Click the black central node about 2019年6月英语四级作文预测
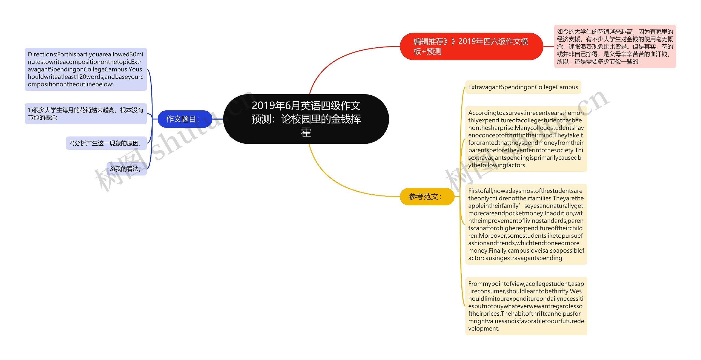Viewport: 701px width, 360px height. [306, 119]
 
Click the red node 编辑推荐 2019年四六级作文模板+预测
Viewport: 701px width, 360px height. [471, 46]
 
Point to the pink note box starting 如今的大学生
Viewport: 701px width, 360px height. [615, 46]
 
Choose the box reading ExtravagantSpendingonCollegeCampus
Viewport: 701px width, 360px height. [523, 87]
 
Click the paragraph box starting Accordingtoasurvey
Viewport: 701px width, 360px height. [526, 139]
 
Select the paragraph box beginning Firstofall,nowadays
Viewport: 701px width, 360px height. [526, 224]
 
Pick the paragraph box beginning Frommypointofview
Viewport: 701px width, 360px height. [526, 306]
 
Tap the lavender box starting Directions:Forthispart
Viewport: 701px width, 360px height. [86, 69]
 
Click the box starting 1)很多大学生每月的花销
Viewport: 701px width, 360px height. [86, 114]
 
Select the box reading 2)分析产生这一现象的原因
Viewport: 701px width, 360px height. [106, 143]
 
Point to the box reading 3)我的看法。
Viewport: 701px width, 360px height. [126, 169]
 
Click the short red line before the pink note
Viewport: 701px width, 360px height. [548, 46]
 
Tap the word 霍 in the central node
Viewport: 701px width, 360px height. [306, 133]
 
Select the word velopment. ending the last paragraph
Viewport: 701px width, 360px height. [484, 329]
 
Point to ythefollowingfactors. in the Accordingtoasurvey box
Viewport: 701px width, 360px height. [497, 165]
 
